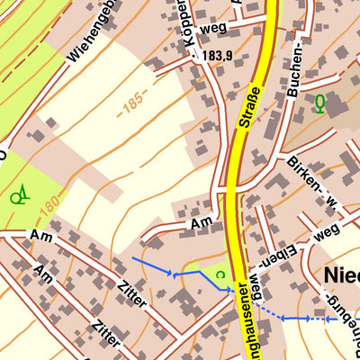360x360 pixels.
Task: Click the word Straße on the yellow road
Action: coord(252,106)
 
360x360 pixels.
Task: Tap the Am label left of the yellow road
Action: coord(201,222)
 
